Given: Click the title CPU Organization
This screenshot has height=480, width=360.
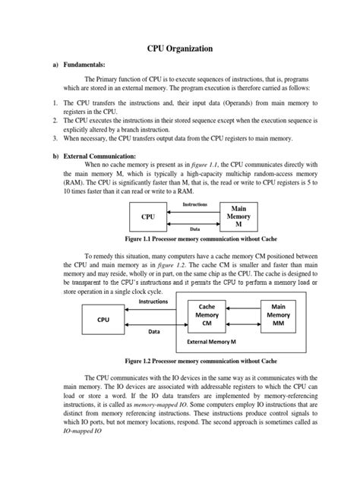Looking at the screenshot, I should point(179,48).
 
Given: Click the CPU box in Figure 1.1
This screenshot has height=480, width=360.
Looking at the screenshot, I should point(148,216).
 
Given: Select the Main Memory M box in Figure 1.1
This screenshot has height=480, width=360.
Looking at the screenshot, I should point(235,216).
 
